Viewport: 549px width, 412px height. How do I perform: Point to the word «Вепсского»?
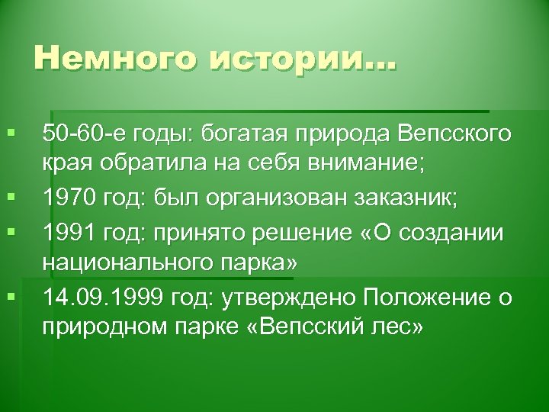point(454,136)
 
